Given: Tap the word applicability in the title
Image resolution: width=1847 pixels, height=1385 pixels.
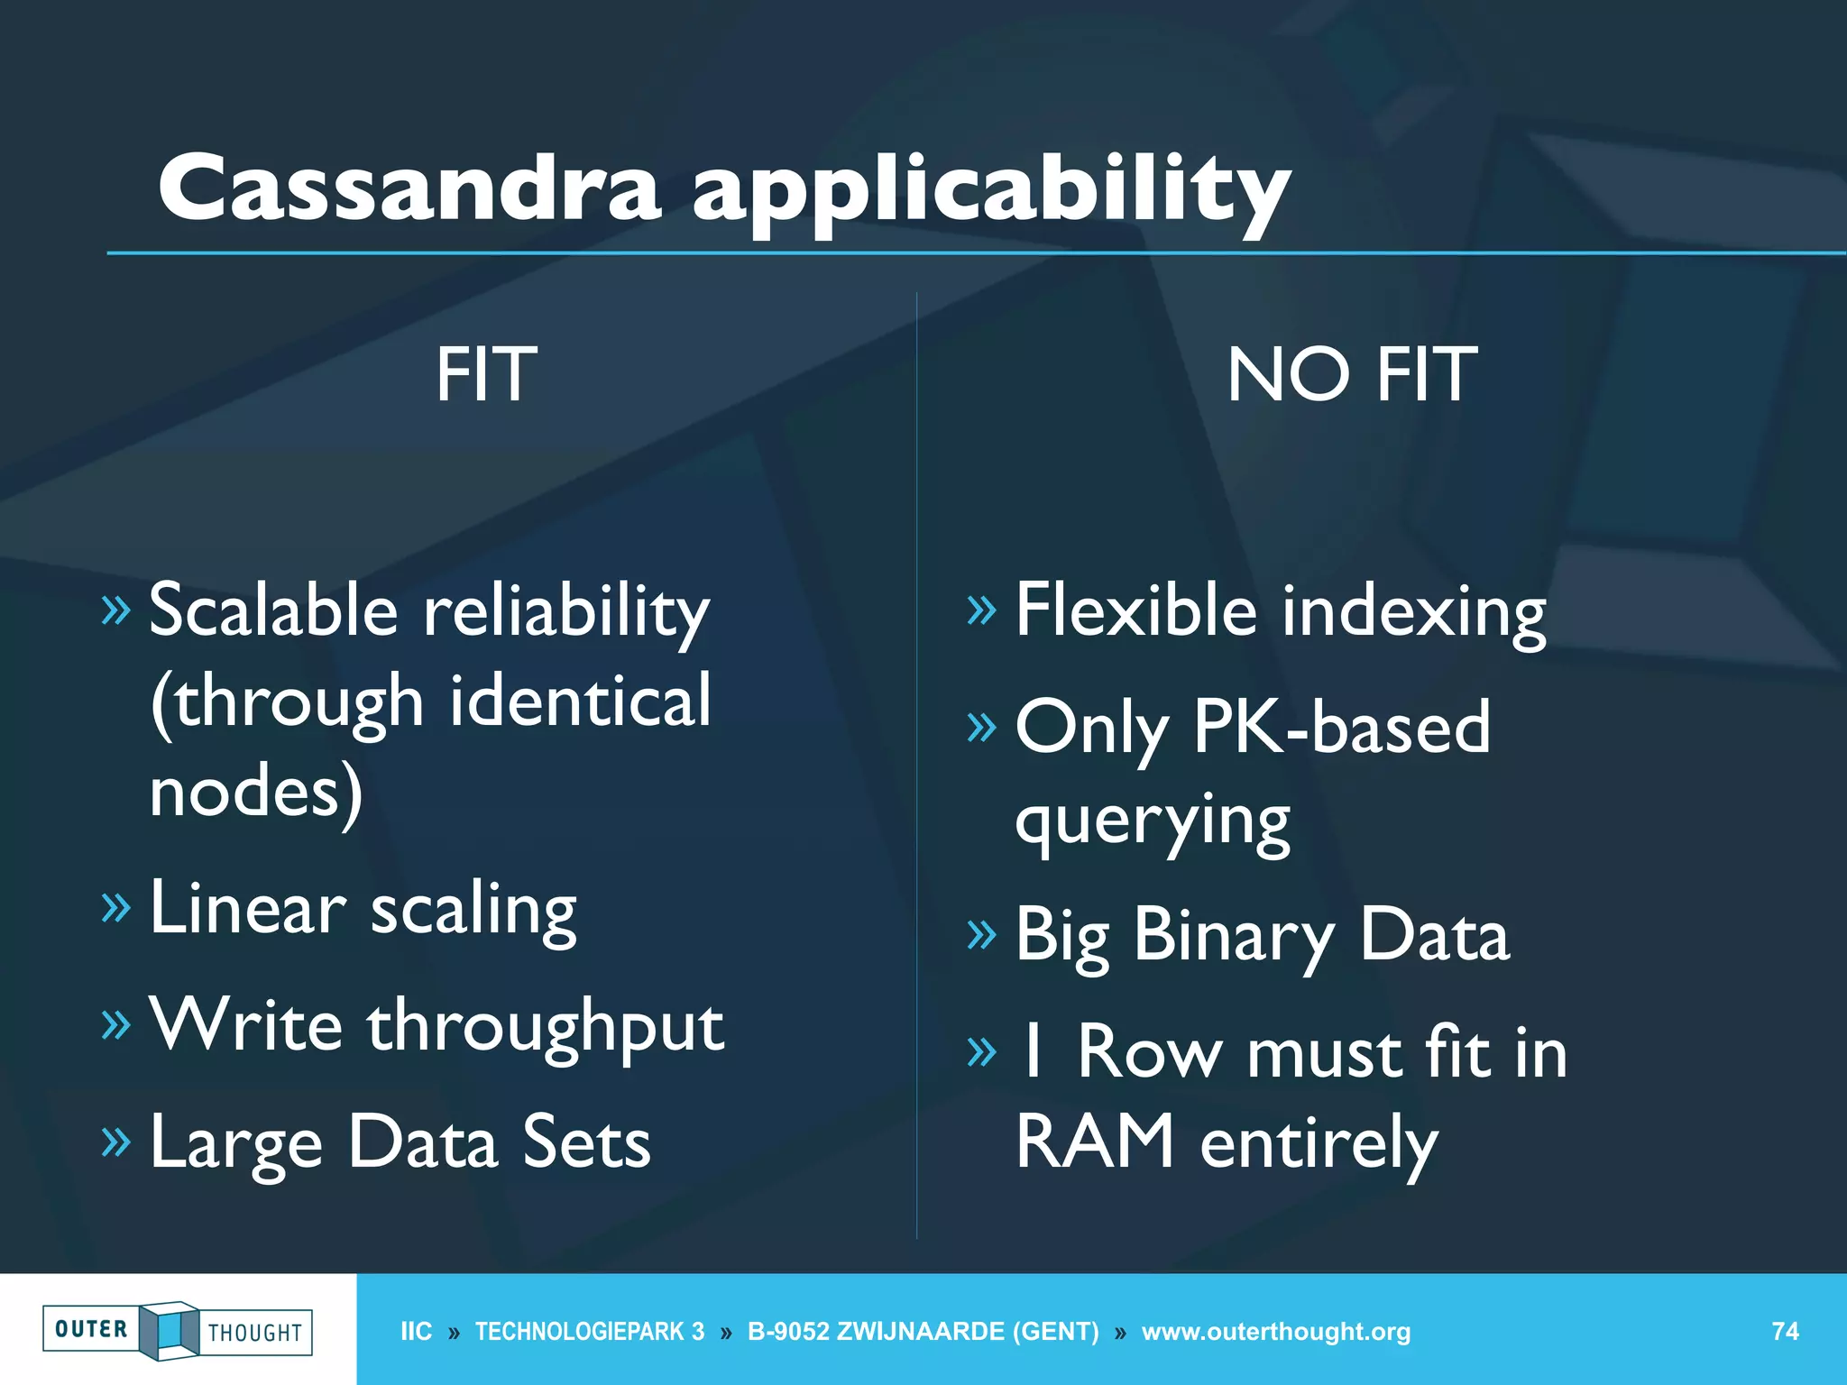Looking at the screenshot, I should click(x=991, y=191).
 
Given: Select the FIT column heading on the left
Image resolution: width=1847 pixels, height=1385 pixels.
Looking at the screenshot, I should click(x=486, y=374).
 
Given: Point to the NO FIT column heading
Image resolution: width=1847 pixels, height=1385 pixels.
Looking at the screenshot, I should click(x=1351, y=374).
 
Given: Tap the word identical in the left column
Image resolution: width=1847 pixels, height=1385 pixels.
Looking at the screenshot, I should click(x=580, y=701).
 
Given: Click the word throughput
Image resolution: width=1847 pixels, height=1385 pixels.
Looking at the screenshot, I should click(x=545, y=1026).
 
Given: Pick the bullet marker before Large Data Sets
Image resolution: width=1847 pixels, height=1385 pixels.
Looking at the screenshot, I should click(x=116, y=1142).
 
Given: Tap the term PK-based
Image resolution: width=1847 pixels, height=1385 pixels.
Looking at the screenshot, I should click(x=1341, y=727).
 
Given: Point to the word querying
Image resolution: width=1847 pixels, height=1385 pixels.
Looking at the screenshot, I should click(x=1153, y=821).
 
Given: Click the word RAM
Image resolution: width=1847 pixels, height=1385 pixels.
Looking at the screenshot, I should click(x=1095, y=1142).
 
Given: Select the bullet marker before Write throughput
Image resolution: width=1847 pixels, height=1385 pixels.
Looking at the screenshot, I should click(x=116, y=1024).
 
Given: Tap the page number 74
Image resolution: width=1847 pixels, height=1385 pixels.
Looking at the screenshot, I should click(x=1785, y=1331).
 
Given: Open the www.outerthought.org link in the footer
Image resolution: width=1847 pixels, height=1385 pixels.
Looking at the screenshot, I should click(x=1275, y=1332).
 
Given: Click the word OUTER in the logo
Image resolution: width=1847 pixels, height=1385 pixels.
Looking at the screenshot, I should click(x=91, y=1329).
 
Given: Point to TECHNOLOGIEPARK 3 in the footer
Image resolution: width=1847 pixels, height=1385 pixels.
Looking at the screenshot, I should click(x=590, y=1332).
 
